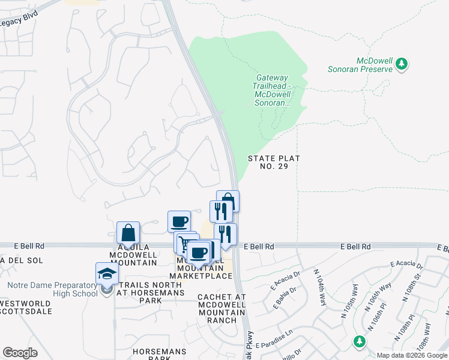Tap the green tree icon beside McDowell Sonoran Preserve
click(x=403, y=63)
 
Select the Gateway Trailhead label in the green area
click(x=273, y=90)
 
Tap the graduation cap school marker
click(x=107, y=274)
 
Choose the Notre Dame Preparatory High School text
click(x=53, y=289)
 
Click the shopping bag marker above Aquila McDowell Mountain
click(x=128, y=233)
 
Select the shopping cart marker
click(x=184, y=243)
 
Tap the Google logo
click(x=20, y=353)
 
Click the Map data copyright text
click(x=412, y=355)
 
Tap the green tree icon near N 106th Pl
click(x=359, y=341)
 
